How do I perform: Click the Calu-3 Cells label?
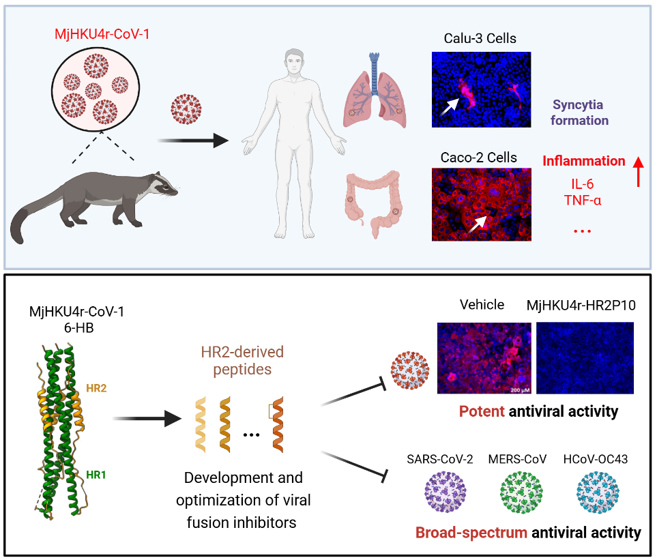click(x=481, y=39)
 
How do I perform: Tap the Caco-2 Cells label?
click(x=480, y=158)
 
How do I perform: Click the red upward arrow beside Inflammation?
click(x=638, y=170)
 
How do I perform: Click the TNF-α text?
click(x=584, y=200)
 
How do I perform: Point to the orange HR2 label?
click(x=97, y=387)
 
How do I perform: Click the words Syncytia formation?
click(x=581, y=113)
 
